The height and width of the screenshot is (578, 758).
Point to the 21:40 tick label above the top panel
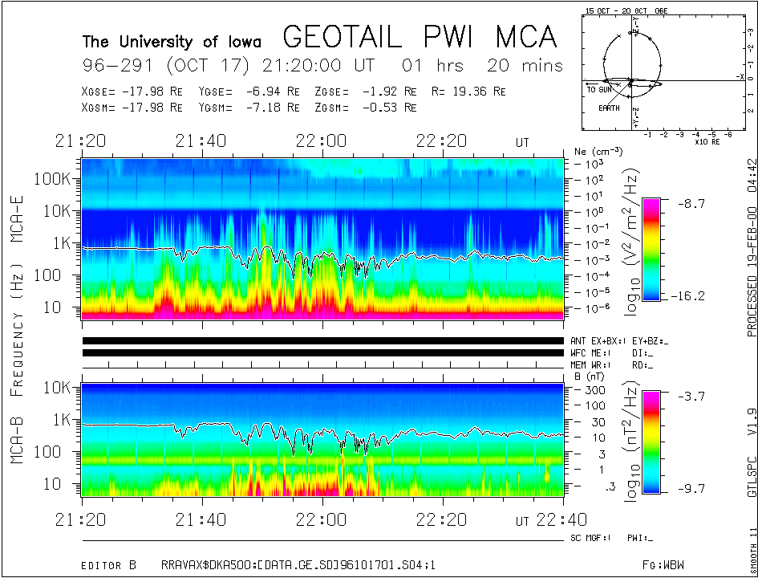(x=201, y=141)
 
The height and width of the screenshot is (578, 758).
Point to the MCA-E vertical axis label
(x=17, y=217)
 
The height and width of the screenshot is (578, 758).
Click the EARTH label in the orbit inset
(x=608, y=108)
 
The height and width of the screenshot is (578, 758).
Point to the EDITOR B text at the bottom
(x=113, y=543)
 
